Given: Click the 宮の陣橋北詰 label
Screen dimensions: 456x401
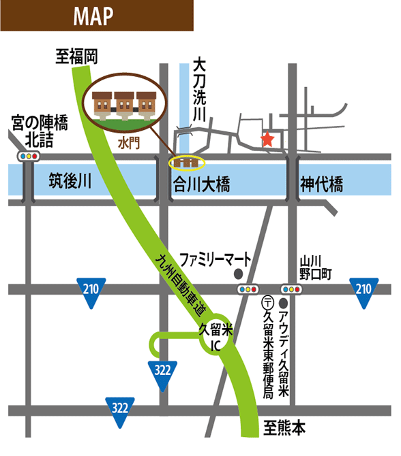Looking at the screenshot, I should point(40,131).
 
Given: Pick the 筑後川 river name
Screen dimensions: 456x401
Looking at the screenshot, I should point(70,182).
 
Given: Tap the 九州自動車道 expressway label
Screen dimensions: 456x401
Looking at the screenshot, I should point(183,283).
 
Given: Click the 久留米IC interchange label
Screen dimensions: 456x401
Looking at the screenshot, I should point(216,338).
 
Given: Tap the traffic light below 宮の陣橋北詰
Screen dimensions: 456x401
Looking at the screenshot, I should point(28,157).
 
